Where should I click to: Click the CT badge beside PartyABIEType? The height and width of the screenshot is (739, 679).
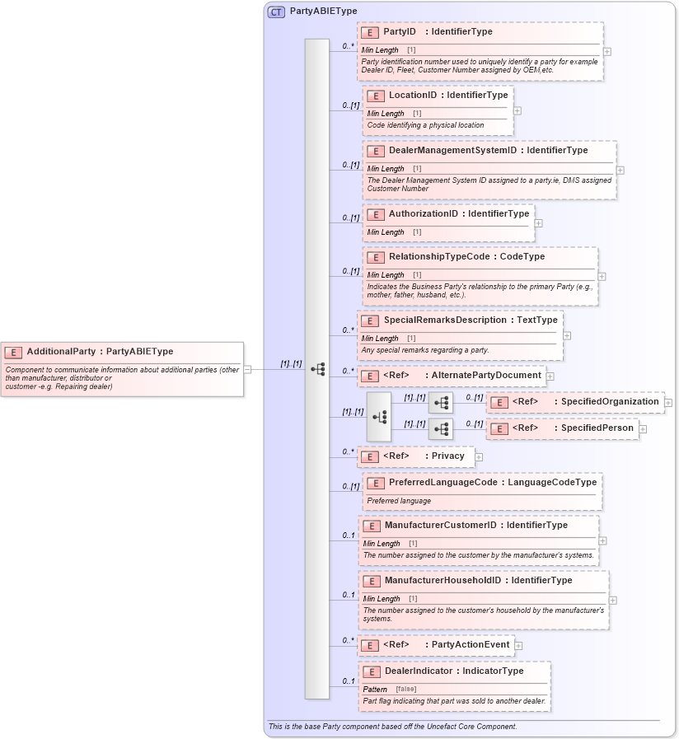(x=276, y=12)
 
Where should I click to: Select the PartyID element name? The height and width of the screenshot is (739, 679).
(x=400, y=32)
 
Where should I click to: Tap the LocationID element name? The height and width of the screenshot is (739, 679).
(x=413, y=96)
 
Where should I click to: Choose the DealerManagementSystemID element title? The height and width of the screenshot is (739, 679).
(x=452, y=151)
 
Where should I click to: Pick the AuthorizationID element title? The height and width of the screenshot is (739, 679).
(x=423, y=214)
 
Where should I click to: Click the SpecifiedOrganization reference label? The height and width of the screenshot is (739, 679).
(x=610, y=402)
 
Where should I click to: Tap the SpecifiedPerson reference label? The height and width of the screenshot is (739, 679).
(x=597, y=428)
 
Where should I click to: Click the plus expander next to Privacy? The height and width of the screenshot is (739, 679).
(x=479, y=456)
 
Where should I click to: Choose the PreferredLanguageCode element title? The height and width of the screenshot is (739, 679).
(x=443, y=483)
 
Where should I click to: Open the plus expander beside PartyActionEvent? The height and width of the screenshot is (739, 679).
(x=518, y=645)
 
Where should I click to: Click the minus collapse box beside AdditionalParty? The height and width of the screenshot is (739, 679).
(x=248, y=370)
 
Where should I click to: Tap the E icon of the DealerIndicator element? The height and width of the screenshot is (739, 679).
(x=371, y=672)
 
